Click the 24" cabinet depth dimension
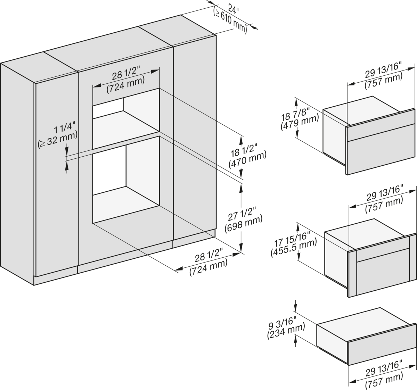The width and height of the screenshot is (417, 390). (234, 10)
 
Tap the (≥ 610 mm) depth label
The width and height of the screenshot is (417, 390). (230, 21)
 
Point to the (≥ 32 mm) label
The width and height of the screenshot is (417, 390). (58, 139)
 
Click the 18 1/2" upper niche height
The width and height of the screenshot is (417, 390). (244, 150)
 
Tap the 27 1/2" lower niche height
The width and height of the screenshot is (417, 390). (242, 214)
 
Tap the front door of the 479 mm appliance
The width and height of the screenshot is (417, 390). (381, 142)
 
